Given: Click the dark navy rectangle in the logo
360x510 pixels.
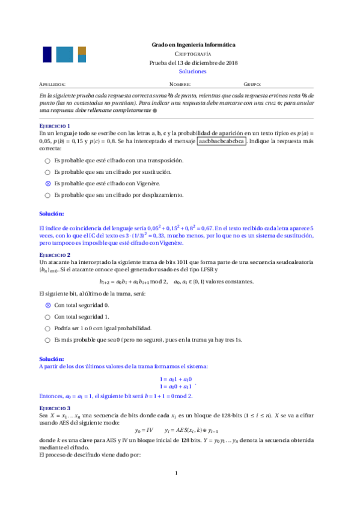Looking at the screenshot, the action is coord(46,55).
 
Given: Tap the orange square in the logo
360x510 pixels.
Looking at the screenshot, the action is coord(82,51).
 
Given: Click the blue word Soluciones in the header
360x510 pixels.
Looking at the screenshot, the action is coord(192,71).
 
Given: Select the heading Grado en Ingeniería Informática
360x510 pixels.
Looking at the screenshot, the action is coord(192,45).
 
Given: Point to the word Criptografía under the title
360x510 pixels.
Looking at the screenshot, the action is coord(192,54).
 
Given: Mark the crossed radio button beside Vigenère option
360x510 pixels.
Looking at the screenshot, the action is coord(48,183).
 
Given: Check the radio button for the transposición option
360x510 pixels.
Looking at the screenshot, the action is coord(48,161).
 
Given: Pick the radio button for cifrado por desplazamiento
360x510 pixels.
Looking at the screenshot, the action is coord(48,195).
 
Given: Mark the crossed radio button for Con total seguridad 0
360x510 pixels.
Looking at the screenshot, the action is coord(48,306).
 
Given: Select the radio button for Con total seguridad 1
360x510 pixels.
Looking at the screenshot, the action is coord(48,317).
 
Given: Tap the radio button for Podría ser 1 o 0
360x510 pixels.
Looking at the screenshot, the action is coord(48,328).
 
